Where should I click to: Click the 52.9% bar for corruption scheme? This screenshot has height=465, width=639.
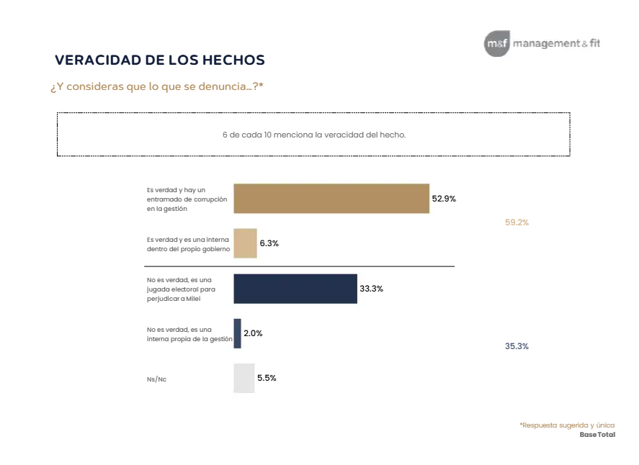pos(331,199)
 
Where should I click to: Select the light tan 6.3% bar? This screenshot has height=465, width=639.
pos(245,243)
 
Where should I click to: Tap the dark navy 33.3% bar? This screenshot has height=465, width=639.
pos(295,289)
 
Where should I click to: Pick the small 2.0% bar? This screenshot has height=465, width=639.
pos(238,333)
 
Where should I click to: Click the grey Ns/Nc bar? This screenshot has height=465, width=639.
pos(243,378)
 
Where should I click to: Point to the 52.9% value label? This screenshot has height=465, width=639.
pos(444,199)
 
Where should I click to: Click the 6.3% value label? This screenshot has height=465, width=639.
pos(269,243)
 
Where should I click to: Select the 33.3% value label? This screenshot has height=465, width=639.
pos(371,289)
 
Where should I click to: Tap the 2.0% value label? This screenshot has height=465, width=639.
pos(254,333)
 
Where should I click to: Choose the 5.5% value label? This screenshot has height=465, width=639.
pos(267,377)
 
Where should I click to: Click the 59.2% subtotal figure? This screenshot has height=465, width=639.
pos(517,222)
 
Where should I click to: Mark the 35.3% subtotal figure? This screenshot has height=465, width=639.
pos(517,346)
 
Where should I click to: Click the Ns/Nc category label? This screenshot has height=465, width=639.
pos(156,379)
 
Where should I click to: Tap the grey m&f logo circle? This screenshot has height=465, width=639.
pos(496,44)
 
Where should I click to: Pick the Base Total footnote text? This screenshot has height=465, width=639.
pos(597,434)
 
